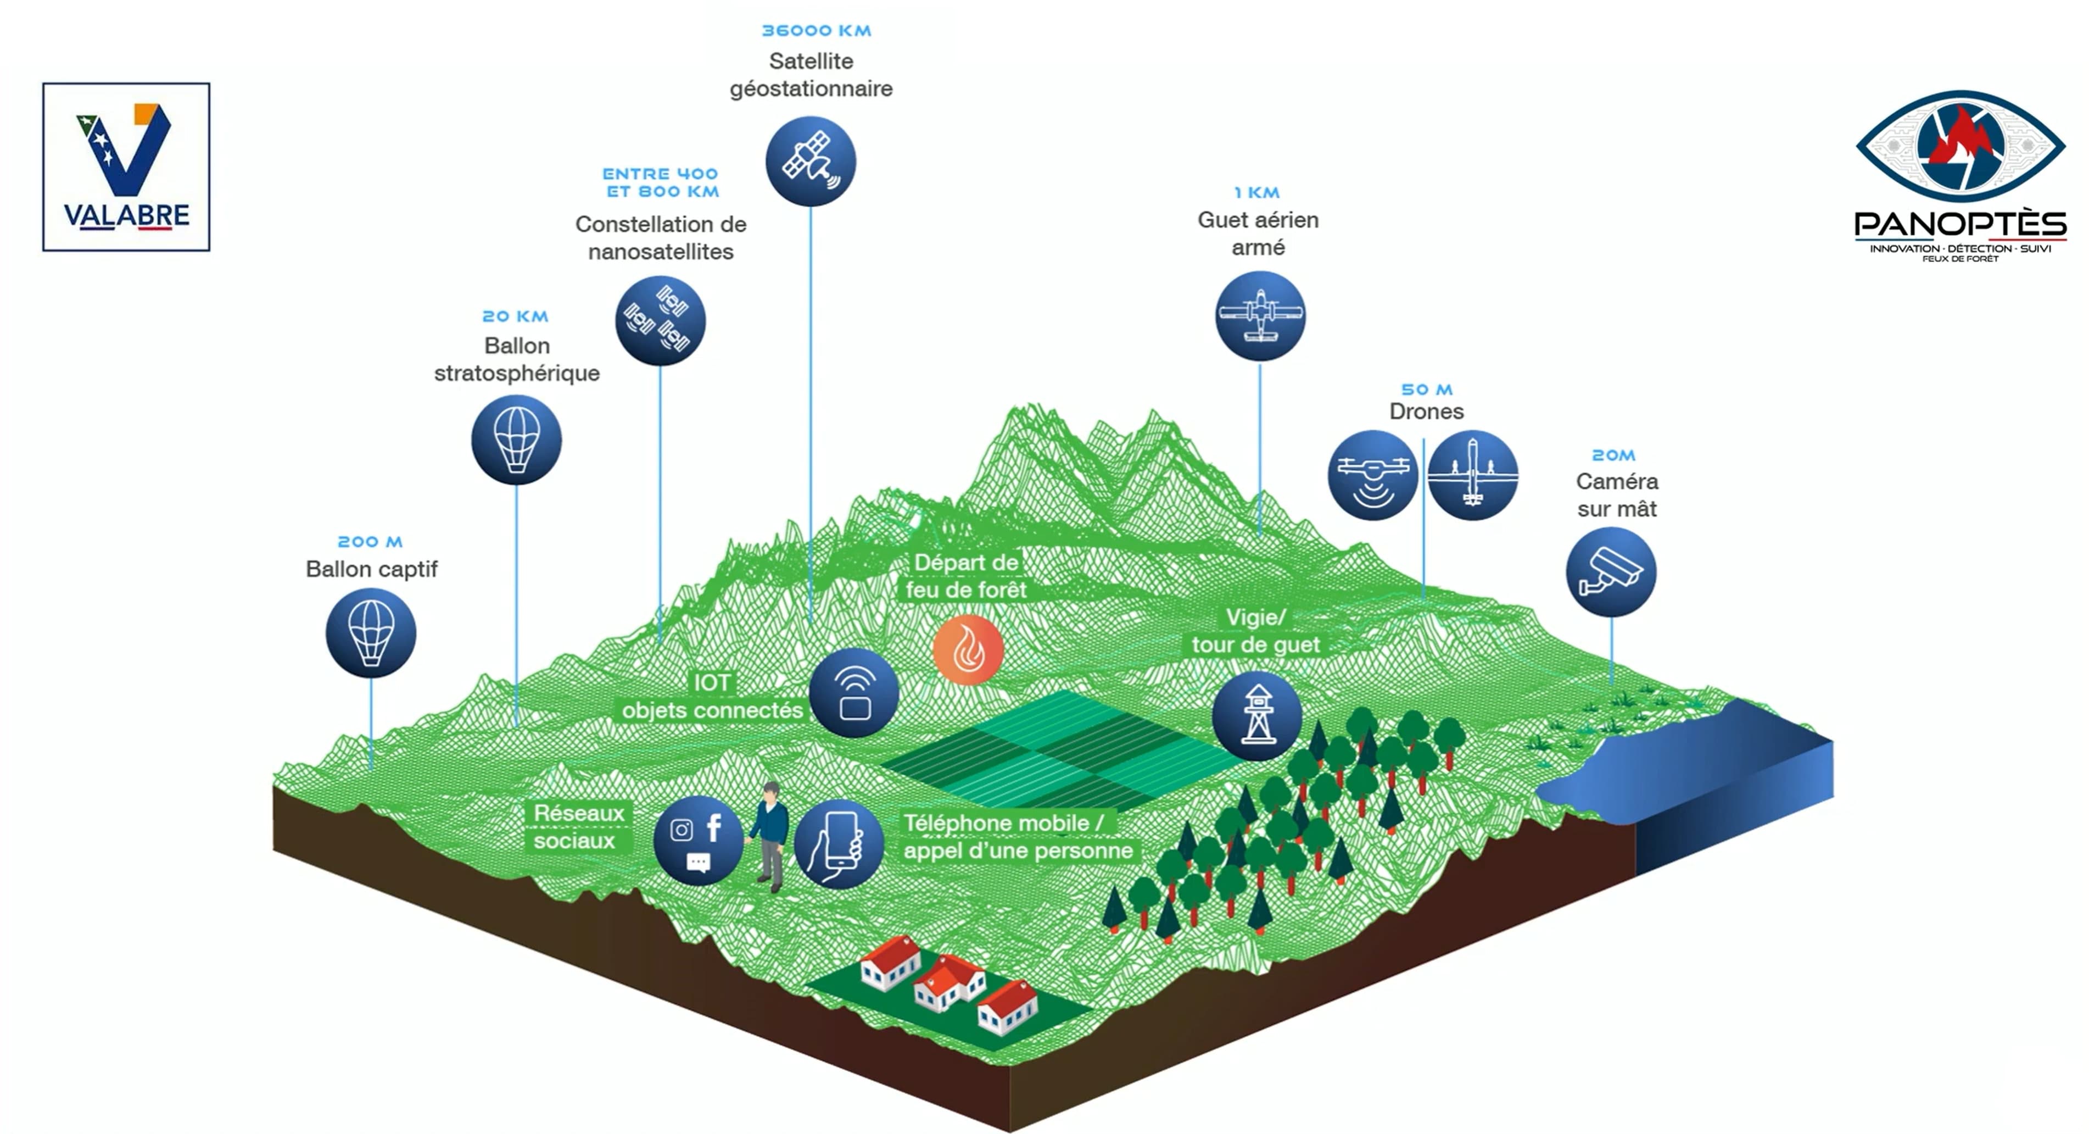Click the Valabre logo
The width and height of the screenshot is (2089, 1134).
126,167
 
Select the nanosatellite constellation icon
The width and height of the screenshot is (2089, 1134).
660,320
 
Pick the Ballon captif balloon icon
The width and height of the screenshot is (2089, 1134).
371,633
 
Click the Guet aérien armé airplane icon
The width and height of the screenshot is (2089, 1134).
1259,315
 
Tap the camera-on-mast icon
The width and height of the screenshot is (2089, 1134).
1611,572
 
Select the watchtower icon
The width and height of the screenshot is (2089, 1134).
1257,715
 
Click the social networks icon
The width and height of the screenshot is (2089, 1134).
698,841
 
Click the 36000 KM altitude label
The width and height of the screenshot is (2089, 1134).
816,31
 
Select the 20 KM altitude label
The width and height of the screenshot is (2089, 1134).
515,316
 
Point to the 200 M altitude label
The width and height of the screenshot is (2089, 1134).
370,542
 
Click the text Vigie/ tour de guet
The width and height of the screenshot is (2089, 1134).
1255,631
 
